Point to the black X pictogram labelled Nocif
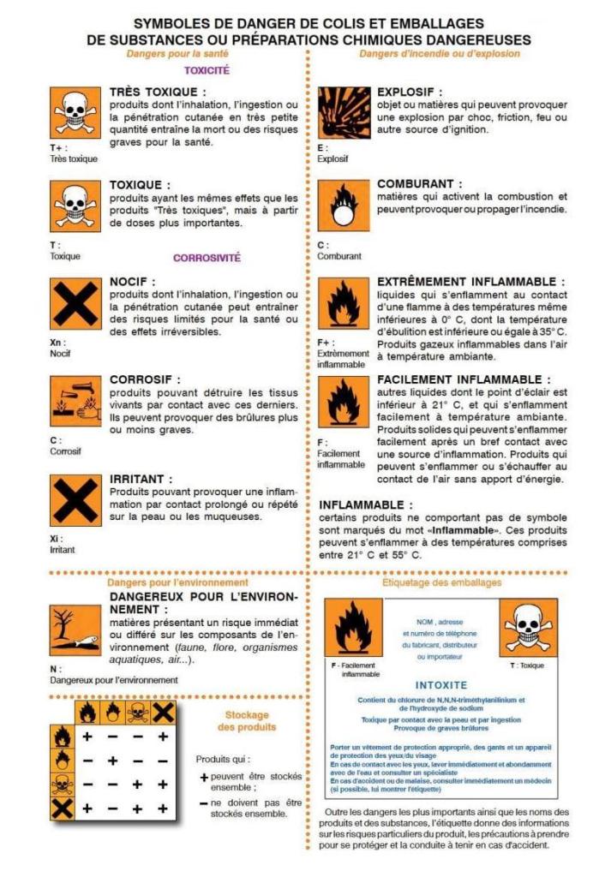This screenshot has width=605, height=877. [75, 304]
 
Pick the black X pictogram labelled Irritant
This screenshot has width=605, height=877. [75, 501]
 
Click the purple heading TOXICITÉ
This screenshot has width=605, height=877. [207, 71]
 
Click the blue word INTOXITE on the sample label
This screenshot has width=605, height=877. [440, 685]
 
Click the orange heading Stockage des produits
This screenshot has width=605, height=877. [247, 721]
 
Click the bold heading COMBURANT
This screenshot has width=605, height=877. [420, 183]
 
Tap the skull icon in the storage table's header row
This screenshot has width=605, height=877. [137, 713]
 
